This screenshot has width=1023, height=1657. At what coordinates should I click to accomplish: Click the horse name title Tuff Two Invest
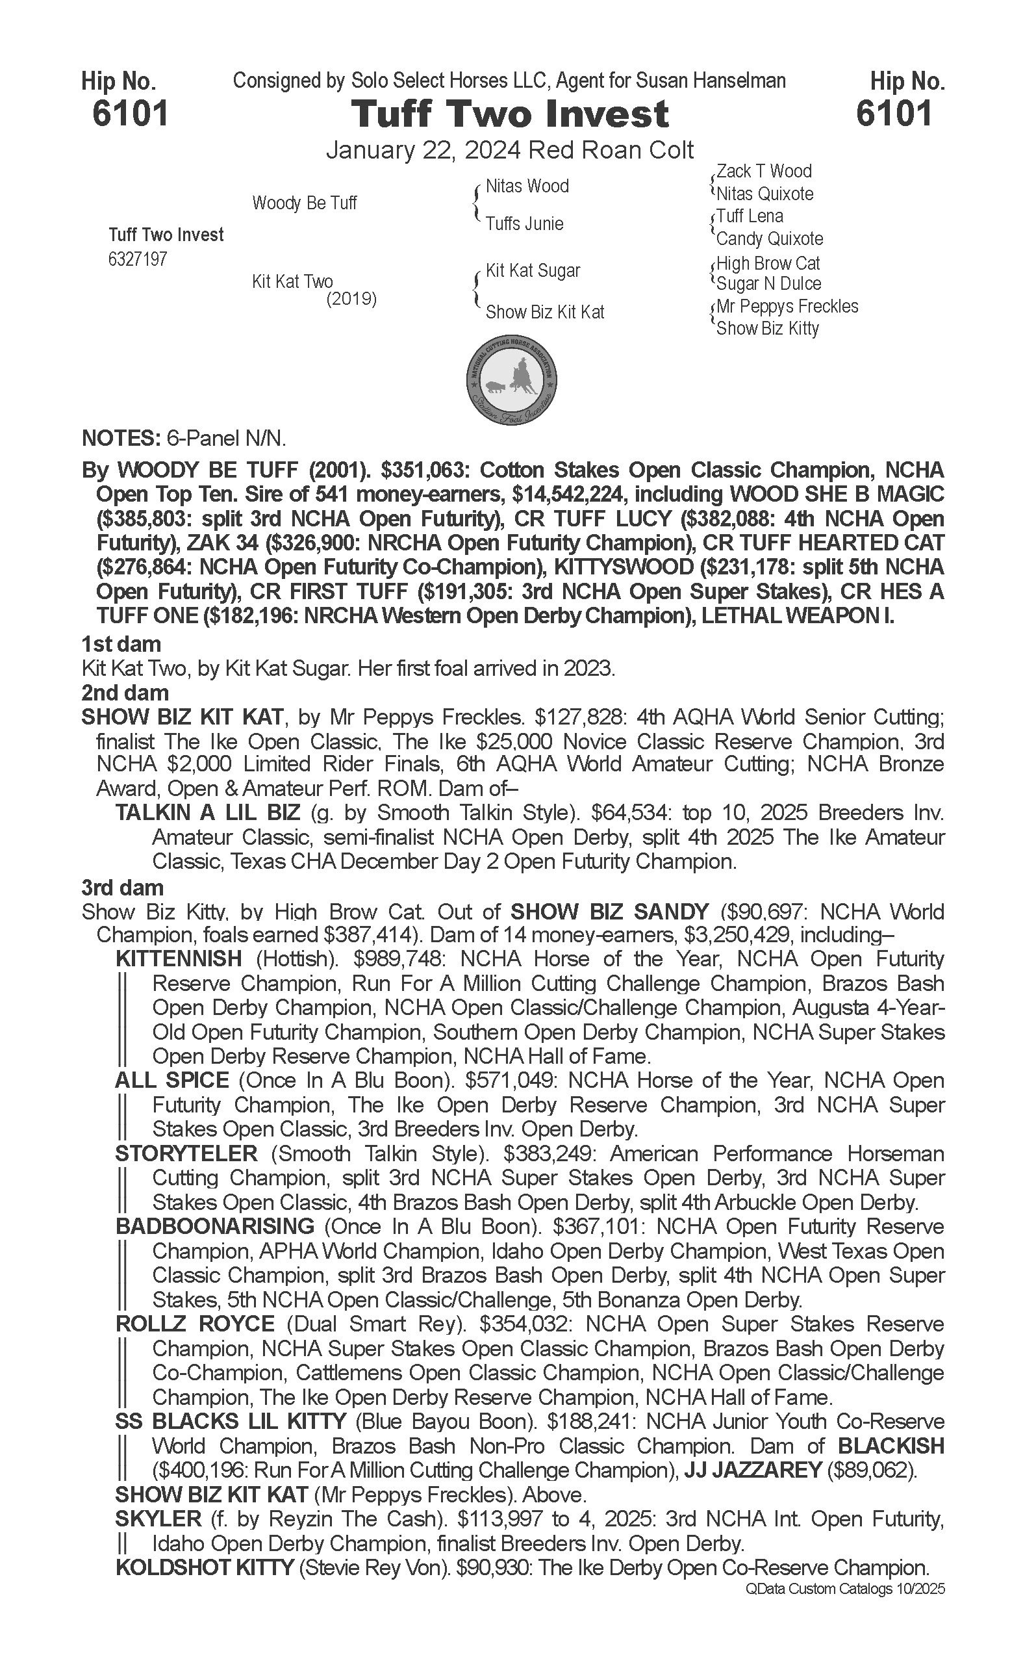pos(509,114)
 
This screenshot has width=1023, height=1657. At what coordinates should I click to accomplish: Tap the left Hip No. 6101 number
pos(130,114)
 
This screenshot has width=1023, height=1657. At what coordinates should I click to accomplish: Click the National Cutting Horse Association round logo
pos(512,380)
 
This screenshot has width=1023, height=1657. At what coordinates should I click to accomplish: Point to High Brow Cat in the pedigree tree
pos(768,263)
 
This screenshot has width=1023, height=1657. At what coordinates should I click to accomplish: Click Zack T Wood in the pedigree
pos(764,172)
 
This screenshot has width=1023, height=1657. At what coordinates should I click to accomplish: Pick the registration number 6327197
pos(137,259)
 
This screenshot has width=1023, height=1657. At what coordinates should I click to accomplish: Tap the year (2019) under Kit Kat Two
pos(351,298)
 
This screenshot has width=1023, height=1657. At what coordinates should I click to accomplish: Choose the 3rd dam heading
pos(123,888)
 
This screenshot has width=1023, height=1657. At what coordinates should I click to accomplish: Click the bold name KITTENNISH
pos(179,959)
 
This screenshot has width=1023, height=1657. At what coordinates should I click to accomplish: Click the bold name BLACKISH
pos(890,1446)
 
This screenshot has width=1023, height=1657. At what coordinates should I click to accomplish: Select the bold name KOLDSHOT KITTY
pos(205,1567)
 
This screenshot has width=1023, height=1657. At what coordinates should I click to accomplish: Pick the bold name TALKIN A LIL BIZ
pos(207,813)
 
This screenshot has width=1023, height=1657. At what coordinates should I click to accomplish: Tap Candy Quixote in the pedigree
pos(769,239)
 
